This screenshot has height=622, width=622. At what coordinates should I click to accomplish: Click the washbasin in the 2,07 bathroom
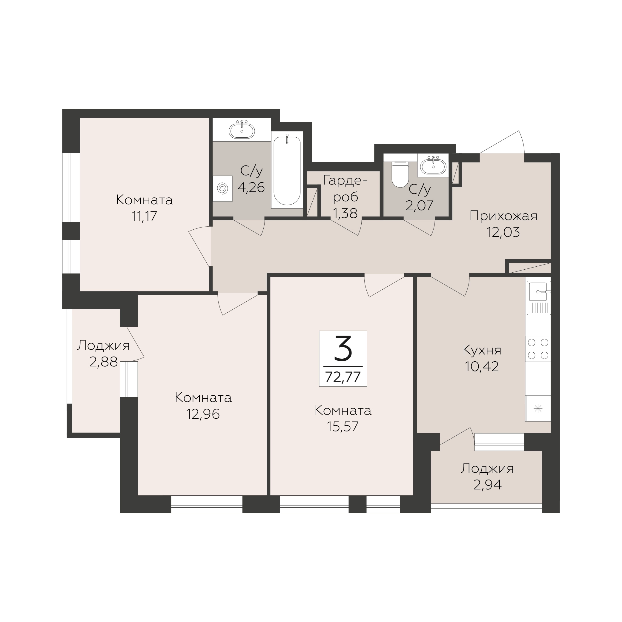click(433, 165)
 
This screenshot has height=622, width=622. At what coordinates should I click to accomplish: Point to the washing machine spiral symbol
click(222, 188)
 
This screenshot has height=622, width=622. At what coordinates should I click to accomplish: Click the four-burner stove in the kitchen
click(538, 349)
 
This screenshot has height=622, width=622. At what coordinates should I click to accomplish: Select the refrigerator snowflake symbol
click(538, 409)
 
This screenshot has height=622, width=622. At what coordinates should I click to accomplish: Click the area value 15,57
click(343, 427)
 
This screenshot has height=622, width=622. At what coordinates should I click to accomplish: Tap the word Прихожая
click(503, 216)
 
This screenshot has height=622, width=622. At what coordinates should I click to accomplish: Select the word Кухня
click(482, 350)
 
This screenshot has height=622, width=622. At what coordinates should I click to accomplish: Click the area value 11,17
click(144, 216)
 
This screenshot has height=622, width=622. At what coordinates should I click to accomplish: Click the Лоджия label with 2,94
click(487, 469)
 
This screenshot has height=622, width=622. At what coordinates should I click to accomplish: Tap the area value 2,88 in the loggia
click(103, 362)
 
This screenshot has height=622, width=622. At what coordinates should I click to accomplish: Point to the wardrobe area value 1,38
click(345, 213)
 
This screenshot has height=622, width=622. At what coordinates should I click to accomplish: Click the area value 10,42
click(482, 366)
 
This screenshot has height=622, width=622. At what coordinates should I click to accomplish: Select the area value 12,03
click(503, 232)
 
